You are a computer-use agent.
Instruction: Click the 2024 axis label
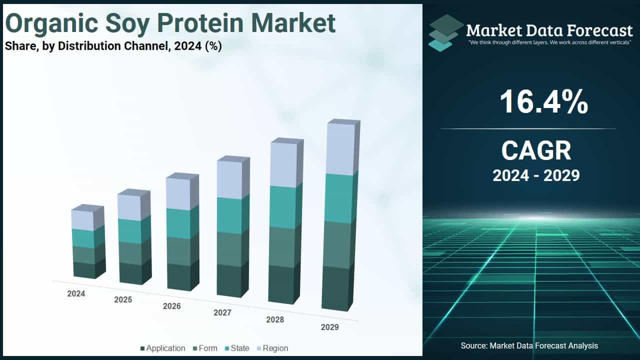[x=76, y=294]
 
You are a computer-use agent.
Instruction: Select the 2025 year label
[x=123, y=300]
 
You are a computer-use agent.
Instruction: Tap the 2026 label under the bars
[x=171, y=306]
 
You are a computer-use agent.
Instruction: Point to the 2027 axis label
[x=222, y=313]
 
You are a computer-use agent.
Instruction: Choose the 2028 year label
[x=274, y=319]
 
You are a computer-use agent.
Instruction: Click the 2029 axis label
[x=329, y=327]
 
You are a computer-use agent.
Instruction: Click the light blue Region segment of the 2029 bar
[x=340, y=149]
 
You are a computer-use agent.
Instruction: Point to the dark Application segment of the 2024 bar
[x=84, y=269]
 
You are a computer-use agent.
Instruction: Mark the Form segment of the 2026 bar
[x=178, y=250]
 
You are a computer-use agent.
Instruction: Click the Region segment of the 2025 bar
[x=130, y=207]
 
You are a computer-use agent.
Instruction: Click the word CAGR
[x=536, y=150]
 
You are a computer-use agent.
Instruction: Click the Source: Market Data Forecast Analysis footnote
[x=529, y=345]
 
